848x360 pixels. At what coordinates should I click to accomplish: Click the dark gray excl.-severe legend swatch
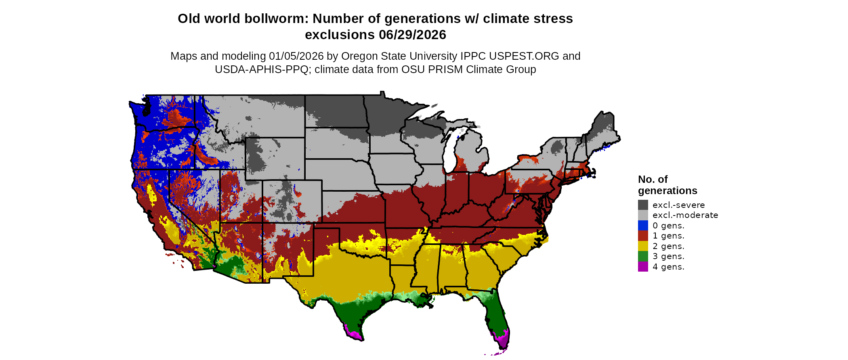pyautogui.click(x=643, y=205)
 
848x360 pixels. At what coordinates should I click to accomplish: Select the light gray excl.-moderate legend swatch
pyautogui.click(x=643, y=215)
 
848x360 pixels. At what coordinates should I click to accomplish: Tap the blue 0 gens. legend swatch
pyautogui.click(x=643, y=226)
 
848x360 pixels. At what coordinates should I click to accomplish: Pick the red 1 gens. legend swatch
pyautogui.click(x=643, y=236)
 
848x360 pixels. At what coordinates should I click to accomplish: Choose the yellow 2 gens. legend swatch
pyautogui.click(x=643, y=246)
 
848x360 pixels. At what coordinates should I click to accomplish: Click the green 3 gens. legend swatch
pyautogui.click(x=643, y=256)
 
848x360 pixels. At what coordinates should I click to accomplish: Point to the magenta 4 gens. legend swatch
pyautogui.click(x=643, y=267)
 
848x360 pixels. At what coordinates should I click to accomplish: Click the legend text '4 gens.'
pyautogui.click(x=668, y=267)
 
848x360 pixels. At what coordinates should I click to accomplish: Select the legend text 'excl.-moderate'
pyautogui.click(x=685, y=215)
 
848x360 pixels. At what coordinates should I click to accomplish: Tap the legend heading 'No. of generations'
pyautogui.click(x=667, y=185)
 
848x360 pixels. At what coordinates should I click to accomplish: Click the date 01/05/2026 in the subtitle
pyautogui.click(x=296, y=56)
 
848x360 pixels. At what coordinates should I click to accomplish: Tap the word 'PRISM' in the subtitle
pyautogui.click(x=446, y=69)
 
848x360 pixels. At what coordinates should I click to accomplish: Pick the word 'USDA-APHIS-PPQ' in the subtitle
pyautogui.click(x=261, y=69)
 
